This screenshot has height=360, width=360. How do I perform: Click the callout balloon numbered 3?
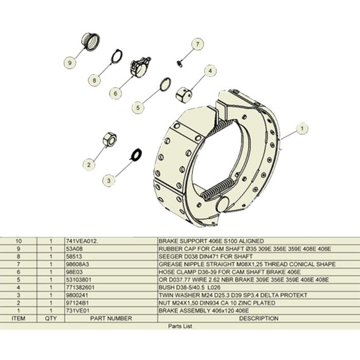click(x=108, y=179)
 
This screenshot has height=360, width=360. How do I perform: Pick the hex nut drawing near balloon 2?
click(x=109, y=140)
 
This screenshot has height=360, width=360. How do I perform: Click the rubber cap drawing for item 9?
click(x=91, y=41)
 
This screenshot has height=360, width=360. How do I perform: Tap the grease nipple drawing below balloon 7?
click(x=179, y=63)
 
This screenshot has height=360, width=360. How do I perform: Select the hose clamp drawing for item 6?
click(x=140, y=66)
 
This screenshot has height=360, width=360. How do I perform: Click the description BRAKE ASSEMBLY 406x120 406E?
click(x=195, y=311)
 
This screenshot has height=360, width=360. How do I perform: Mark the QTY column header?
click(x=51, y=318)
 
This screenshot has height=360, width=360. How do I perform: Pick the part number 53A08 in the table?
click(x=74, y=248)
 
